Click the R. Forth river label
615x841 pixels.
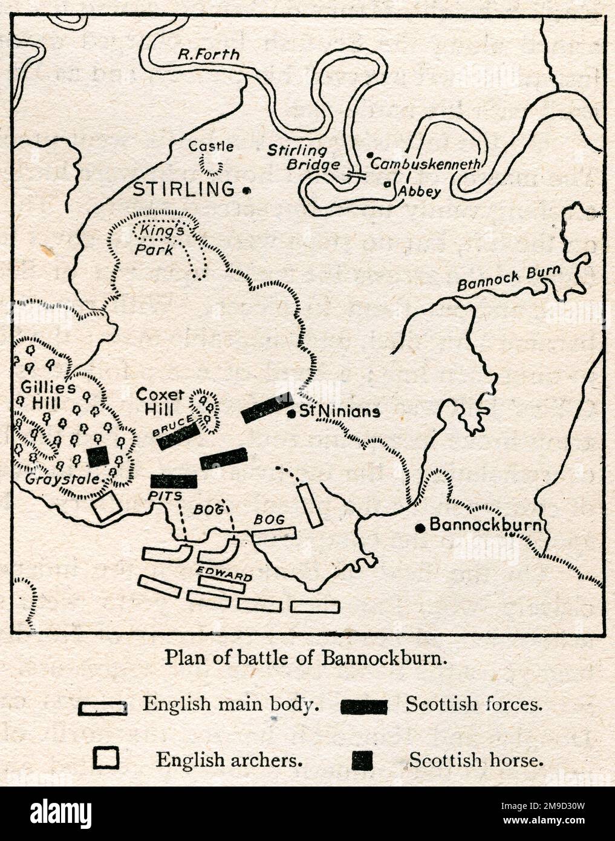(x=208, y=54)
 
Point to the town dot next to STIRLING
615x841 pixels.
(x=246, y=191)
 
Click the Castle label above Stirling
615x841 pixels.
(x=210, y=146)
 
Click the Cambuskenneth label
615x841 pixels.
(x=426, y=164)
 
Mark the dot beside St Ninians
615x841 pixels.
(x=291, y=414)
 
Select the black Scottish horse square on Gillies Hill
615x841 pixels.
(x=97, y=457)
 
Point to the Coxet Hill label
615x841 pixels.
(x=160, y=402)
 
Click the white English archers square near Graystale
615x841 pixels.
(x=106, y=506)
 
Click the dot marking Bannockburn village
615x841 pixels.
(x=419, y=528)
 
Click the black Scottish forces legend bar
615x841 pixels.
(x=364, y=706)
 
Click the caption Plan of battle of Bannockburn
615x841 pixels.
(x=307, y=657)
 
